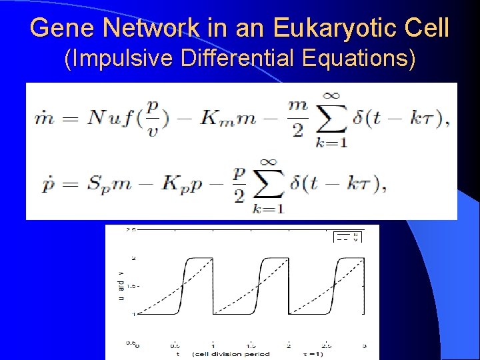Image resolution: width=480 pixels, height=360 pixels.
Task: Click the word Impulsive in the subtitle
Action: coord(111,59)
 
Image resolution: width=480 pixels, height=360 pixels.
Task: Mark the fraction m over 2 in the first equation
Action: coord(297,119)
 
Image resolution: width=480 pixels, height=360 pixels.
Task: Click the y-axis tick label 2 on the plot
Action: coord(133,259)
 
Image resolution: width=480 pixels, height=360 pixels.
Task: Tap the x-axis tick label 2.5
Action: coord(325,346)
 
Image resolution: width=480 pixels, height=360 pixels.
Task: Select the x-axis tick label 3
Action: coord(364,346)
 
